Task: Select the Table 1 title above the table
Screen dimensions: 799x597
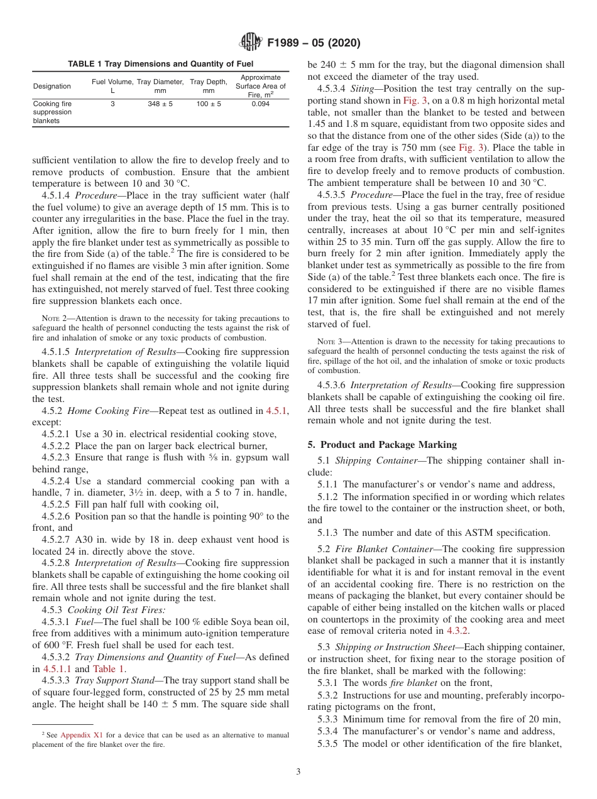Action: [160, 63]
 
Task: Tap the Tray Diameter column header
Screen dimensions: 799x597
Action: [160, 86]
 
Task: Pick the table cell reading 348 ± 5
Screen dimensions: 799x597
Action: [160, 104]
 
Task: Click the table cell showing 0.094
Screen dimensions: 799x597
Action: [260, 104]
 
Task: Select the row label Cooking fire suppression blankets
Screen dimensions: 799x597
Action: [53, 112]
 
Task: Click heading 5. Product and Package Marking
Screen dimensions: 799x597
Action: [382, 444]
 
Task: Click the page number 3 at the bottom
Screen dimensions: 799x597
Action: [298, 771]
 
